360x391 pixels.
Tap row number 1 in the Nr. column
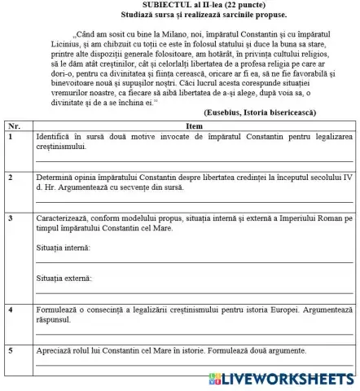pos(10,136)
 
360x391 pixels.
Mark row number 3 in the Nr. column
pos(10,218)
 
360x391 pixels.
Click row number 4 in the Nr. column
pos(10,310)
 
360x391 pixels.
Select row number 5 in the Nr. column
pos(10,350)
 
